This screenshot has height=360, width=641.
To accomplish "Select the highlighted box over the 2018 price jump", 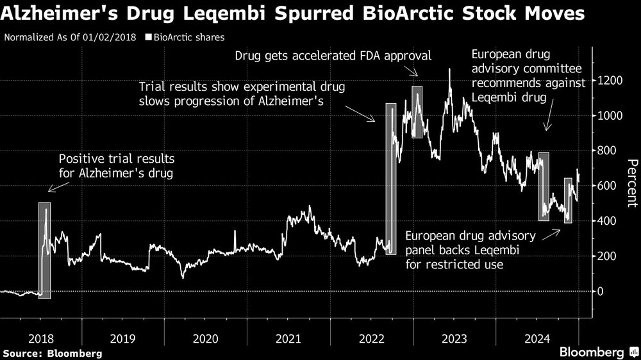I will [44, 250].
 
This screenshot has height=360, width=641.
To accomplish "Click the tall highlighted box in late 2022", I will [391, 179].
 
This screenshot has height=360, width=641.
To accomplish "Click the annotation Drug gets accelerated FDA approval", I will [333, 56].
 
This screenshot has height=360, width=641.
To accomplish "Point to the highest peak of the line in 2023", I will [449, 69].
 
